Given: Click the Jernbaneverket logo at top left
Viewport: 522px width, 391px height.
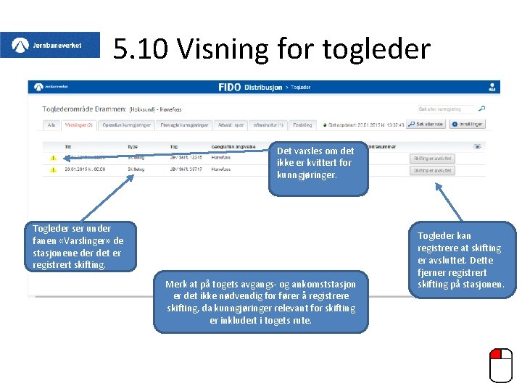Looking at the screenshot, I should click(x=50, y=45).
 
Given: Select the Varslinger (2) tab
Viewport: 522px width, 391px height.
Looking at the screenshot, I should click(x=79, y=125).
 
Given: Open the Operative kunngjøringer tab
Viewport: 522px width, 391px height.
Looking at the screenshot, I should click(x=127, y=125).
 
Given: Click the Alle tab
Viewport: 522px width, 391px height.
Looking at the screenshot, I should click(x=51, y=125).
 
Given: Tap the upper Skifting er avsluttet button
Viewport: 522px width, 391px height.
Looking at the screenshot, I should click(x=433, y=158).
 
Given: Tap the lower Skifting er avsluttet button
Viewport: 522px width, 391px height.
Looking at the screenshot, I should click(x=433, y=170).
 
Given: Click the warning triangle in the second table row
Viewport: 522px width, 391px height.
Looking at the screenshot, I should click(x=52, y=170).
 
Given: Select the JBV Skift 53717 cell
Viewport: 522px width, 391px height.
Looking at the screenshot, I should click(x=185, y=170).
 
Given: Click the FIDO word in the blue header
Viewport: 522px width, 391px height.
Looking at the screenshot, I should click(x=230, y=87).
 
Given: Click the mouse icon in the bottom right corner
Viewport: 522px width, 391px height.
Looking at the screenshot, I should click(x=500, y=365).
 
